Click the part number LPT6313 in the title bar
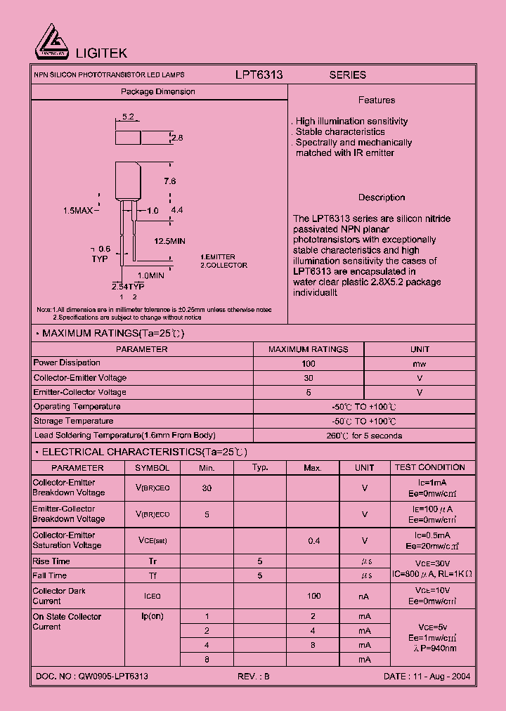click(x=259, y=74)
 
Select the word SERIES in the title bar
click(x=348, y=74)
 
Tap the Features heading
click(x=376, y=100)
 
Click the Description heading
click(x=382, y=197)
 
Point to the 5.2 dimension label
click(x=128, y=117)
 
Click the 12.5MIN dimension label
click(x=169, y=241)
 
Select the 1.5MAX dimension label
click(x=78, y=211)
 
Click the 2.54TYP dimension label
click(x=128, y=287)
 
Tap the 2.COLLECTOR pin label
click(x=223, y=266)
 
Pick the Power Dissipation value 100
click(x=309, y=363)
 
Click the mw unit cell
click(x=420, y=363)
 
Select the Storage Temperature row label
click(x=73, y=421)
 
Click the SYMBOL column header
click(x=153, y=468)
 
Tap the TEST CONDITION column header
click(x=429, y=467)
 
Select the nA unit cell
click(x=364, y=596)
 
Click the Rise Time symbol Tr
click(x=153, y=561)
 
